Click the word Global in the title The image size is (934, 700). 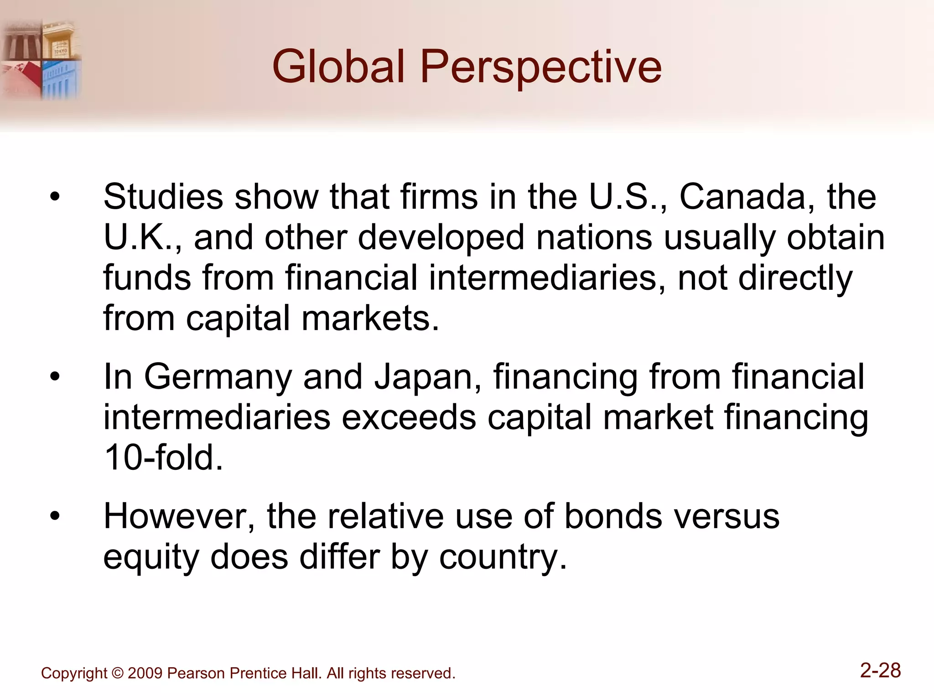tap(338, 67)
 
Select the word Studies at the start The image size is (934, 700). tap(163, 197)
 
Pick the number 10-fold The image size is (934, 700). tap(163, 458)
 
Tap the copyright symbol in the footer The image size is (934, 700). tap(117, 674)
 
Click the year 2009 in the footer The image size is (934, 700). tap(145, 674)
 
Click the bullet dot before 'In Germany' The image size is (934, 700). tap(55, 377)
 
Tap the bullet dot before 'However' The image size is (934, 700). tap(55, 517)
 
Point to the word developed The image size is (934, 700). tap(441, 238)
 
